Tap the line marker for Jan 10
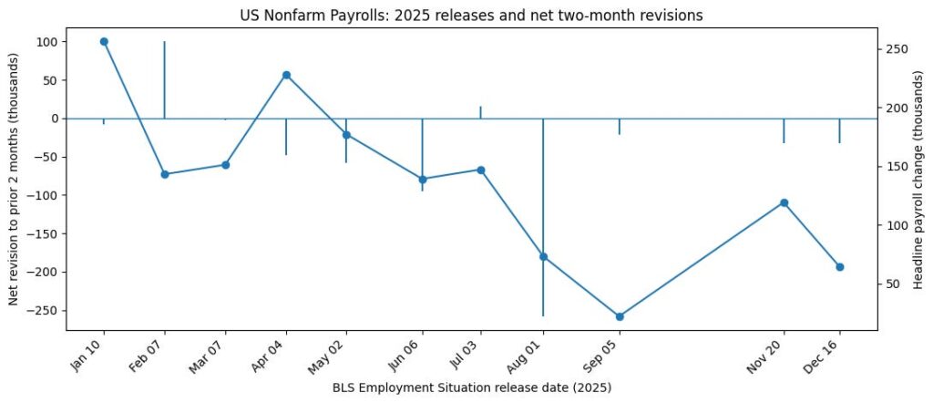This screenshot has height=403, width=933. [x=104, y=42]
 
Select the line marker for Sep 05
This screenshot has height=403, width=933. [x=620, y=316]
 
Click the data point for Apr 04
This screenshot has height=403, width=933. [x=286, y=75]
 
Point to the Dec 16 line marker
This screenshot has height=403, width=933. [x=839, y=267]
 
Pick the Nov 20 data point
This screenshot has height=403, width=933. [x=784, y=202]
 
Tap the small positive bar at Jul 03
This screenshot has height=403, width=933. [x=480, y=112]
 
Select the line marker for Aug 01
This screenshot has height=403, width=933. [x=543, y=257]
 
